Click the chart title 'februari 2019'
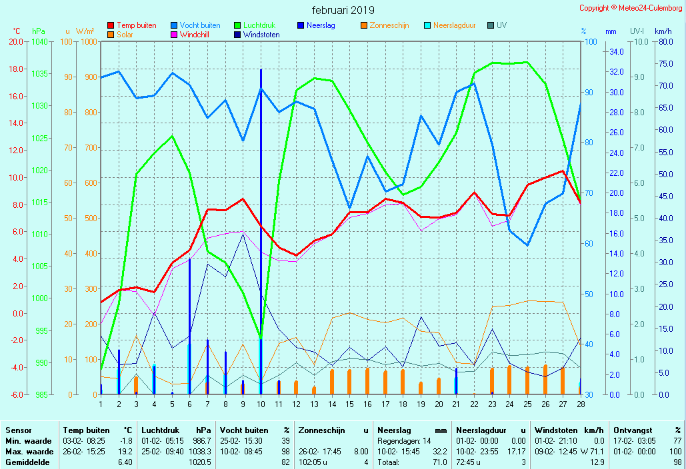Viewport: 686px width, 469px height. pos(343,10)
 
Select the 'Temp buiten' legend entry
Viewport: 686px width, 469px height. pos(136,25)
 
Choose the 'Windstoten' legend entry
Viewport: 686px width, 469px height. pos(261,35)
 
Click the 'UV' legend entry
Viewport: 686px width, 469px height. pos(501,25)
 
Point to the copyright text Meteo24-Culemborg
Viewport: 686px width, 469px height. pos(631,8)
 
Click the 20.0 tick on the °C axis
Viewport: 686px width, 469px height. pos(16,41)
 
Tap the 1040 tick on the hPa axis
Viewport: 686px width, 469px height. pos(39,41)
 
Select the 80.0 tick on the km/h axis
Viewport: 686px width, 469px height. pos(663,41)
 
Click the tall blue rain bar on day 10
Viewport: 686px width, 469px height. pos(261,200)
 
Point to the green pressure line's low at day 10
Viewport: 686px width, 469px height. pos(261,338)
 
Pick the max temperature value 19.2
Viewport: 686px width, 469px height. pos(125,452)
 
